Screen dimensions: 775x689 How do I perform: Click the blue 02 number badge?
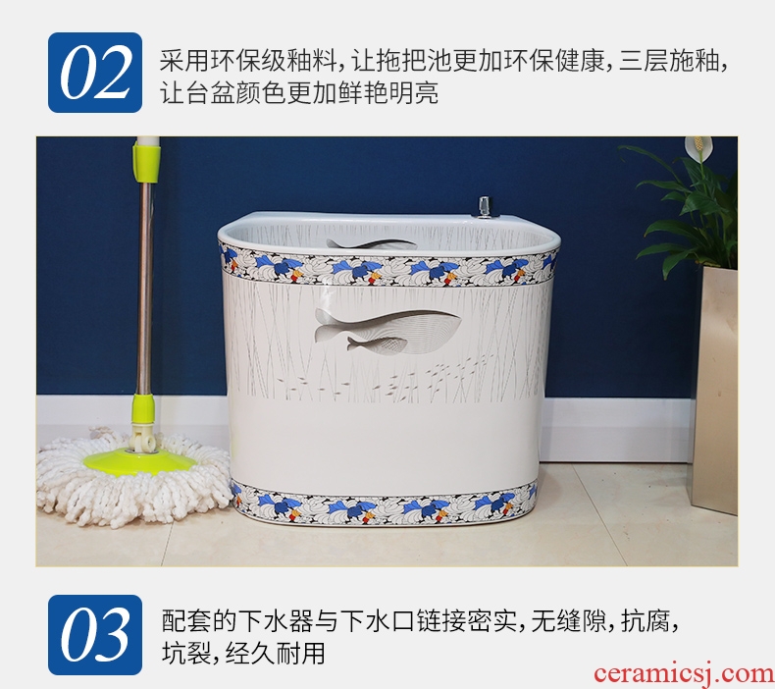[x=95, y=73]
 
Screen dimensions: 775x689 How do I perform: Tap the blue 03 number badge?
[x=95, y=635]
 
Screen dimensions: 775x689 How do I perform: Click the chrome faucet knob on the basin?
[x=485, y=207]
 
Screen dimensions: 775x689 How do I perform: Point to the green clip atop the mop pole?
[x=146, y=159]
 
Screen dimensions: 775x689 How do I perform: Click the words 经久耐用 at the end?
[x=276, y=653]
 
